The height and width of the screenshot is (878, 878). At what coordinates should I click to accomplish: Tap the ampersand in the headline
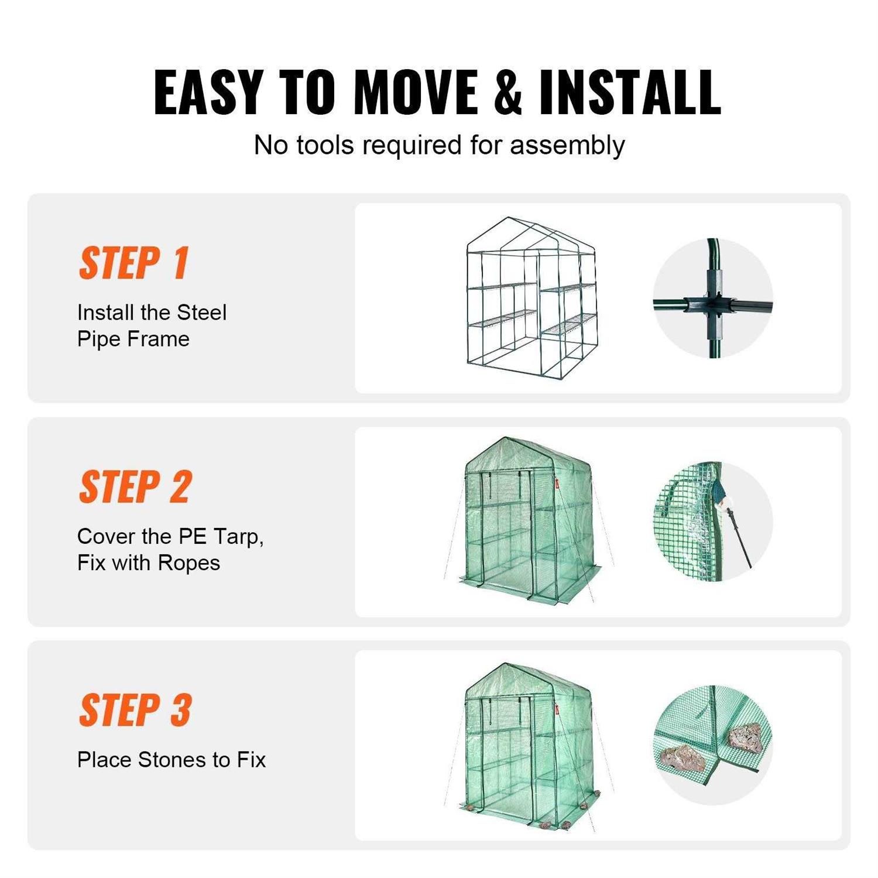pyautogui.click(x=507, y=92)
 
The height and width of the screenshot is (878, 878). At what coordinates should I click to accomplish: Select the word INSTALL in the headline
pyautogui.click(x=630, y=92)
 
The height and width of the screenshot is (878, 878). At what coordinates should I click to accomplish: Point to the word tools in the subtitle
pyautogui.click(x=325, y=145)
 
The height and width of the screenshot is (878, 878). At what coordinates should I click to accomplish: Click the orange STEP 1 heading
pyautogui.click(x=134, y=263)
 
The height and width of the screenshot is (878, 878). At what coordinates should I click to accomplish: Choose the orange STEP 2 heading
pyautogui.click(x=135, y=487)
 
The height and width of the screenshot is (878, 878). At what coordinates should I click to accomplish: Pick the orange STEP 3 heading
pyautogui.click(x=135, y=711)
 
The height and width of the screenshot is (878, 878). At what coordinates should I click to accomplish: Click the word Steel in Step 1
pyautogui.click(x=201, y=313)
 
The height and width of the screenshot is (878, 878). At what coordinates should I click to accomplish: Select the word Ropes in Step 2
pyautogui.click(x=188, y=563)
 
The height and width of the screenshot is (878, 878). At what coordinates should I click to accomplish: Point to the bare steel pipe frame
pyautogui.click(x=530, y=299)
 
